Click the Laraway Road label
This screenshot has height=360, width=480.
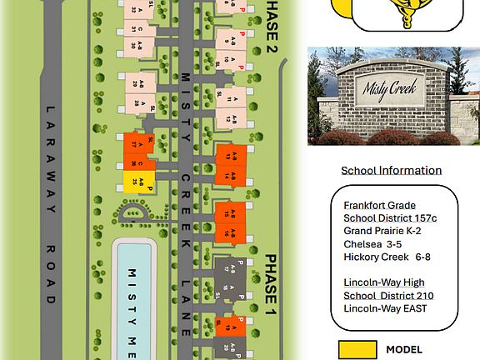point(50,204)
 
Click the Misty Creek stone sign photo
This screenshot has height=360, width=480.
point(393,96)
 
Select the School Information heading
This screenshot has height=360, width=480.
point(391,170)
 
